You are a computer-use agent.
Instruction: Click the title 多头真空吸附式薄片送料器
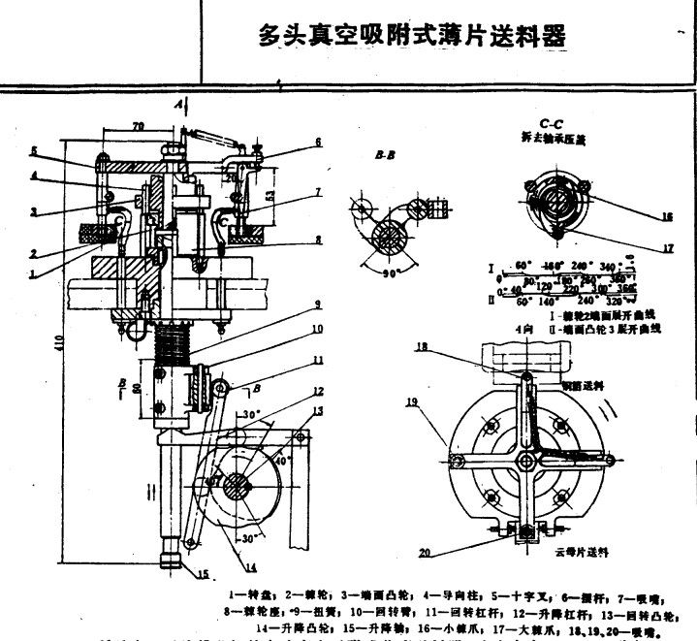(x=412, y=36)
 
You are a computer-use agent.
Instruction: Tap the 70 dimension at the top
(x=138, y=124)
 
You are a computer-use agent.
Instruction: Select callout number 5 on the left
(x=33, y=151)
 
